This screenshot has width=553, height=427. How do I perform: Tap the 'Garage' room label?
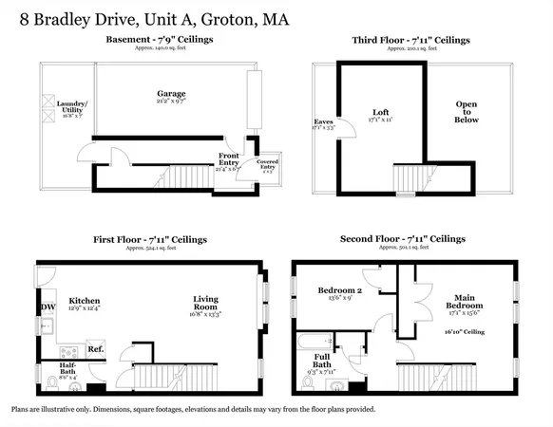[171, 94]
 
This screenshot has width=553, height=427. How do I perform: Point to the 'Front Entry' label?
[228, 158]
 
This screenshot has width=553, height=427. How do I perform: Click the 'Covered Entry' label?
[267, 166]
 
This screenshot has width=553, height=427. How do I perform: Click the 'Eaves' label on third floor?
[324, 122]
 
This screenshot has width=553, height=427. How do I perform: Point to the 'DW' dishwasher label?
[48, 306]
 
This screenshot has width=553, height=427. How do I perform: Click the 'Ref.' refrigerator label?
[95, 348]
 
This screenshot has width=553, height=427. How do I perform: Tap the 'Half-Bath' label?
[67, 366]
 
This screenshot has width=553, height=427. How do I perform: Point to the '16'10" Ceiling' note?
[465, 332]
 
